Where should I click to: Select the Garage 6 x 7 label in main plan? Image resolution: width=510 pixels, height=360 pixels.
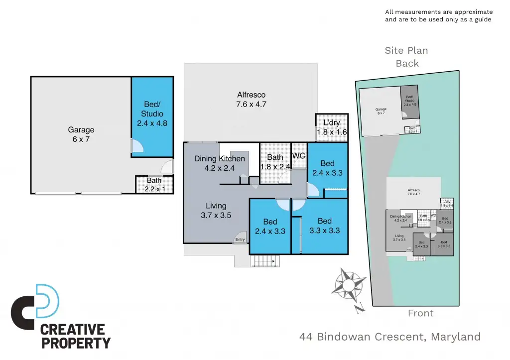(x=81, y=135)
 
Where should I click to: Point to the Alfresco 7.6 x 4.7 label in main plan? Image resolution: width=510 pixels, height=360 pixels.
(x=251, y=100)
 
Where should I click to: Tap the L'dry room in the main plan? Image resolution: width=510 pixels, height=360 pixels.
(x=331, y=127)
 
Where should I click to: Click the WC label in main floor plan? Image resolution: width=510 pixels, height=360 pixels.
(x=299, y=156)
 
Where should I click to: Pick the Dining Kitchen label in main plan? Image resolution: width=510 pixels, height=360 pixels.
(x=220, y=163)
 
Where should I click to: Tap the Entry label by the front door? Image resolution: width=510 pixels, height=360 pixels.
(x=240, y=240)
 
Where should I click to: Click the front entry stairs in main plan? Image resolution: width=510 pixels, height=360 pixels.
(x=263, y=260)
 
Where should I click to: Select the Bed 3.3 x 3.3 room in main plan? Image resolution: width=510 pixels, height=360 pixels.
(x=324, y=226)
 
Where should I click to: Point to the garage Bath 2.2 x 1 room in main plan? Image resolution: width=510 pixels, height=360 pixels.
(x=154, y=184)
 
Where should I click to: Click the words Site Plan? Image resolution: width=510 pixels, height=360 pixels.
(x=406, y=50)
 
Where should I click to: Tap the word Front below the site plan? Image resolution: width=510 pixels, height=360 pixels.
(x=420, y=313)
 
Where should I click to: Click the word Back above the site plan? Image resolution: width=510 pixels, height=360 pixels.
(x=407, y=63)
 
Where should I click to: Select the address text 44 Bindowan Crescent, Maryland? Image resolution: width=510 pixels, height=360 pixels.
(x=390, y=337)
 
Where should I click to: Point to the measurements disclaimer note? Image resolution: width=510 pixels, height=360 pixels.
(x=439, y=15)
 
